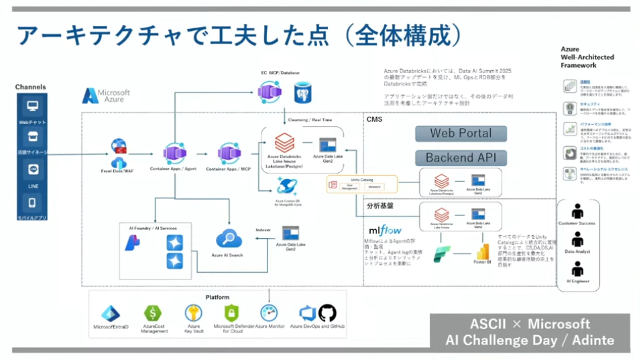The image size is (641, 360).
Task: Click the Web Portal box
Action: click(x=461, y=133)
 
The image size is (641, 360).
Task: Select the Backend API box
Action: click(x=461, y=158)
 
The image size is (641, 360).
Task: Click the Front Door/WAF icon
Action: click(x=119, y=152)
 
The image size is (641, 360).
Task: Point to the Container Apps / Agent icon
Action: click(x=174, y=153)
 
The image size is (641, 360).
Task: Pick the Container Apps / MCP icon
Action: click(x=229, y=153)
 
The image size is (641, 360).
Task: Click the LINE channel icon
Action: click(x=32, y=170)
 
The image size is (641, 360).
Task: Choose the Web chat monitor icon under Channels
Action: click(x=32, y=106)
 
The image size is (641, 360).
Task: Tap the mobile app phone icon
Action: click(x=32, y=202)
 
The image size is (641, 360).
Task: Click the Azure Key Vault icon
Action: click(x=193, y=312)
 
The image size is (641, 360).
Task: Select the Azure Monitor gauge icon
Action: click(x=269, y=312)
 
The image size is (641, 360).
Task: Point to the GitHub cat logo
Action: click(x=326, y=312)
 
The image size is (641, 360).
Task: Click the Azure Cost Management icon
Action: click(x=154, y=312)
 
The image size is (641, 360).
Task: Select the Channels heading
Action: click(x=31, y=87)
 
